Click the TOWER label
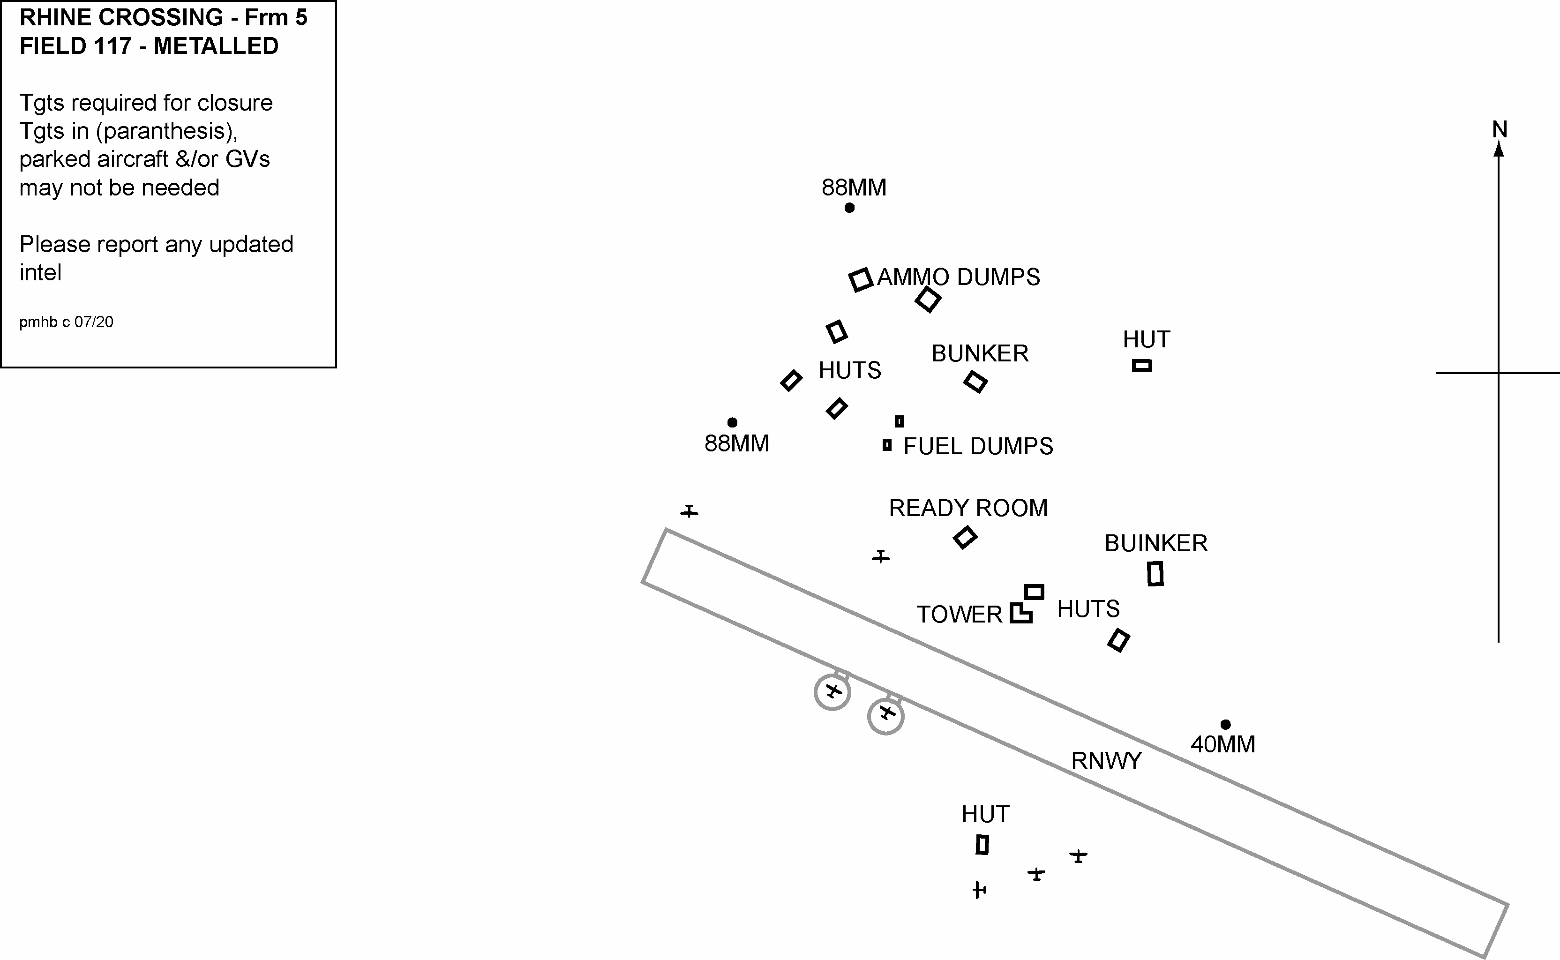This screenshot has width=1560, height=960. click(x=959, y=615)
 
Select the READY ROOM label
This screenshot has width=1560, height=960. click(x=967, y=508)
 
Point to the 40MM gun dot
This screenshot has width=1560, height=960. click(x=1225, y=724)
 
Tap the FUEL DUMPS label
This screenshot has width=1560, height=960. click(x=978, y=446)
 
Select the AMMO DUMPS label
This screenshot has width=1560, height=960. click(x=958, y=277)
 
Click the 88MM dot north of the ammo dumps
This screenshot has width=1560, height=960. click(x=849, y=208)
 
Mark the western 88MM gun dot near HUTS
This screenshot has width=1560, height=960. click(x=732, y=422)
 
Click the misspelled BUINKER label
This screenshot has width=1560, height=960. click(x=1155, y=543)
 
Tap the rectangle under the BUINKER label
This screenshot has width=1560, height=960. click(x=1155, y=574)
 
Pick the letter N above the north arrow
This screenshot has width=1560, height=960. click(x=1499, y=129)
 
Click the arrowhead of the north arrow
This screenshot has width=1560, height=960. click(x=1499, y=149)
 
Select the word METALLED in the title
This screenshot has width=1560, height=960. click(x=216, y=46)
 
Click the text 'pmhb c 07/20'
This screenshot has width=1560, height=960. click(x=66, y=322)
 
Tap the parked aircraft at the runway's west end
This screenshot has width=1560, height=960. click(x=690, y=511)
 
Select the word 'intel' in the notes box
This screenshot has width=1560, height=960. click(x=40, y=273)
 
